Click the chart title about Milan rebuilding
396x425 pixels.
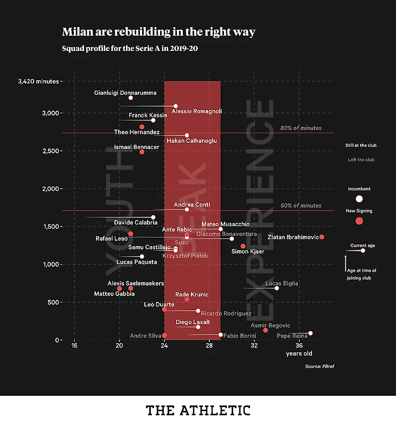[x=158, y=32]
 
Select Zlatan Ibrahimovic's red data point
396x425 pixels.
[x=322, y=237]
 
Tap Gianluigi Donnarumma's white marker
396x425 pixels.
[x=130, y=98]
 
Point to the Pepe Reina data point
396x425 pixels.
[x=310, y=333]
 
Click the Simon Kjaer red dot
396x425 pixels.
[x=243, y=246]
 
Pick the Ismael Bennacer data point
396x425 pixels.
[x=142, y=152]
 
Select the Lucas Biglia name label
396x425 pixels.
[x=282, y=284]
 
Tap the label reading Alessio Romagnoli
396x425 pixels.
[x=196, y=112]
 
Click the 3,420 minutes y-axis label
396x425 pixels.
[x=38, y=81]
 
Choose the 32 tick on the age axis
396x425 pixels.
[x=254, y=345]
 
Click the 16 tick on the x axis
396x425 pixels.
[x=74, y=345]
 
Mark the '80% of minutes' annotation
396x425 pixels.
[x=301, y=128]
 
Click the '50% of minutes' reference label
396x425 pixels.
[x=301, y=205]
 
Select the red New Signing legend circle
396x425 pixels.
[x=359, y=221]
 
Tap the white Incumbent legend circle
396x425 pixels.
[x=359, y=199]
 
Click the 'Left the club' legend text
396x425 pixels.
[x=361, y=160]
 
